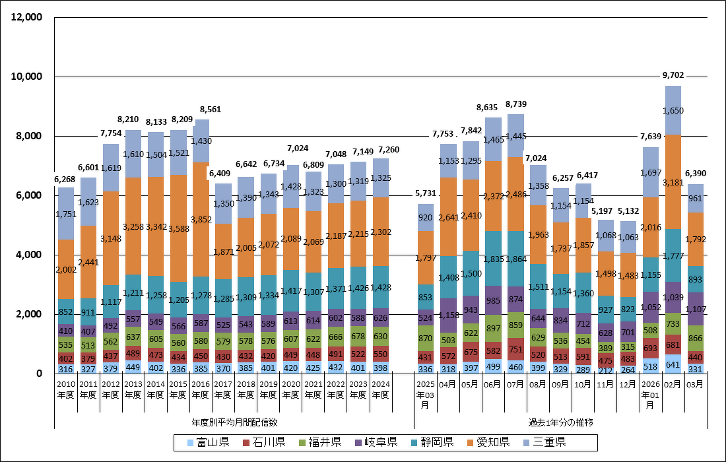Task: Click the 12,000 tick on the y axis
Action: tap(27, 17)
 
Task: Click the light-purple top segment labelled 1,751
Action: tap(66, 214)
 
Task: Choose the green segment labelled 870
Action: tap(426, 338)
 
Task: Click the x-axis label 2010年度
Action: tap(66, 389)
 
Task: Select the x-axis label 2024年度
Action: tap(380, 389)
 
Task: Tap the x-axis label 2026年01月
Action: tap(650, 393)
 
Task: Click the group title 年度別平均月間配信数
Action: tap(234, 421)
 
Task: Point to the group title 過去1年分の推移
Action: tap(560, 421)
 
